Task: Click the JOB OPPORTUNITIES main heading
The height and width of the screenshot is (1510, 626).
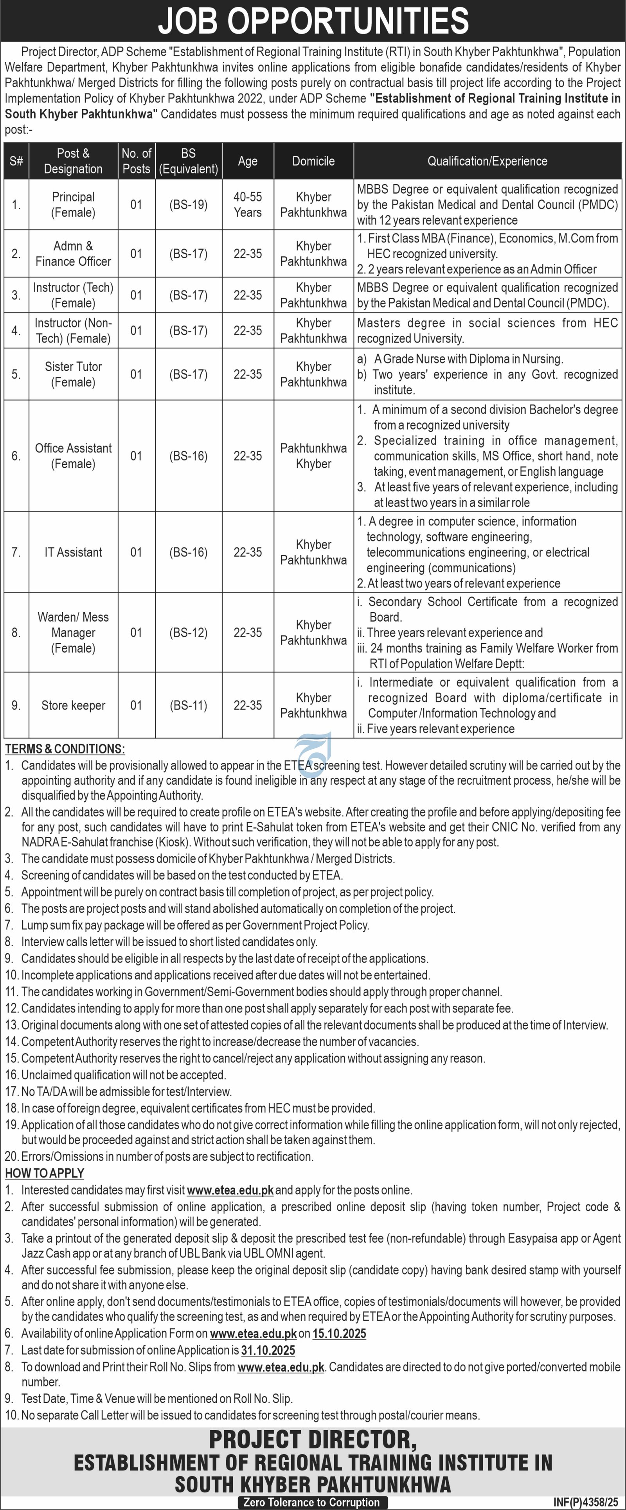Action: click(313, 21)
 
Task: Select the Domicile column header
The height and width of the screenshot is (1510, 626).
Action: click(313, 161)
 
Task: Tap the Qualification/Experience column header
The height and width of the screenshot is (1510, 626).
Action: click(487, 161)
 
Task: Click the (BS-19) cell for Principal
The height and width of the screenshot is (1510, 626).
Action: click(188, 205)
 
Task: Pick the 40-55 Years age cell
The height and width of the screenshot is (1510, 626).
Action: click(247, 205)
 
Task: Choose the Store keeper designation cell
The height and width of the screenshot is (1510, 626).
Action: click(73, 705)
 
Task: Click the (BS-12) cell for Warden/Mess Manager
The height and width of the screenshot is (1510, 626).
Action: click(188, 633)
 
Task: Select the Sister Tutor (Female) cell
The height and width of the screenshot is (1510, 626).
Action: click(73, 374)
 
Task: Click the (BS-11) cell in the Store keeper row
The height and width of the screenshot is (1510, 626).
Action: click(188, 705)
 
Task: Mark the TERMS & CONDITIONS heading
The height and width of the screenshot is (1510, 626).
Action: click(65, 749)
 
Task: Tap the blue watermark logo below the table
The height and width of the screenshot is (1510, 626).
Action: click(313, 748)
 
